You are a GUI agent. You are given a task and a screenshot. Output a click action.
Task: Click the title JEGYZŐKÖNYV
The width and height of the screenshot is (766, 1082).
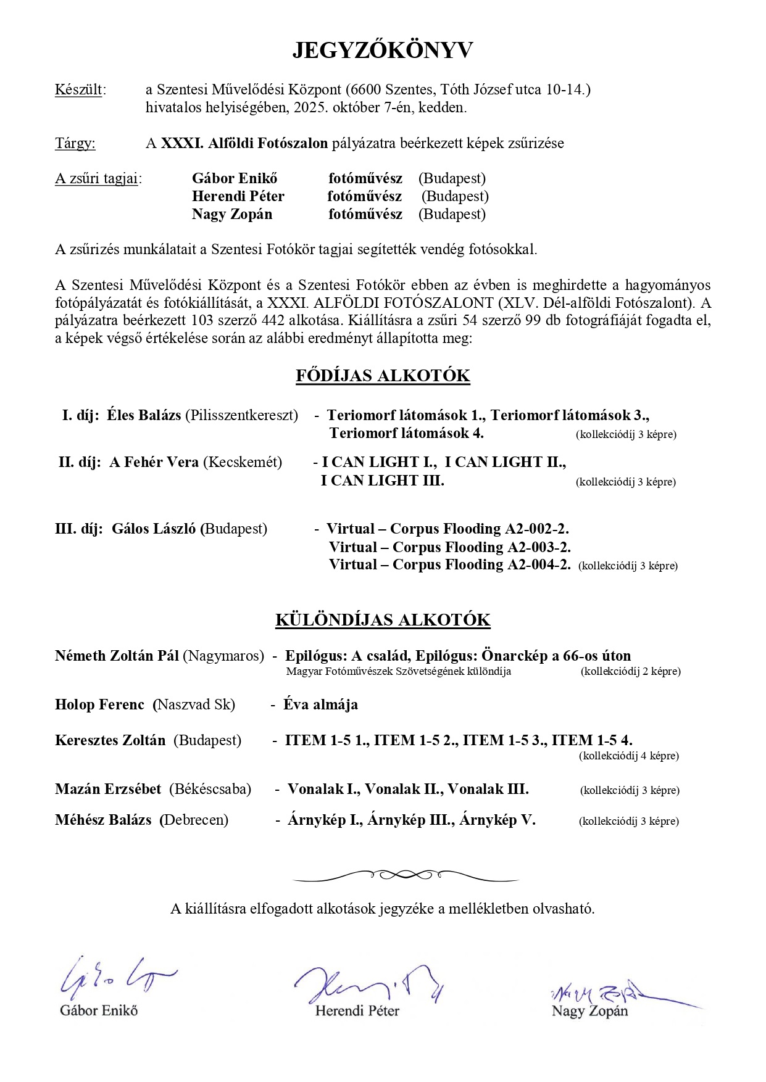coord(383,51)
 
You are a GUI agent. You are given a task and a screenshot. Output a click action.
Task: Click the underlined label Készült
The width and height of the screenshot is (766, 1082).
coord(78,89)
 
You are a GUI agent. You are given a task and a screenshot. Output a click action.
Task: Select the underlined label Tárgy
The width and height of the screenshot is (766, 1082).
coord(75,144)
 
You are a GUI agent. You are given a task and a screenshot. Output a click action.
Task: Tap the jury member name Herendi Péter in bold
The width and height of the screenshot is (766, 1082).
coord(238,197)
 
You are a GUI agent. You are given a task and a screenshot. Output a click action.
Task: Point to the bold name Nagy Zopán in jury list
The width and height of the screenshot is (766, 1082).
coord(231,215)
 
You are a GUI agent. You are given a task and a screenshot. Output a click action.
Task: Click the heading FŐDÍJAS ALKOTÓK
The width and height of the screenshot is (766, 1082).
coord(383,376)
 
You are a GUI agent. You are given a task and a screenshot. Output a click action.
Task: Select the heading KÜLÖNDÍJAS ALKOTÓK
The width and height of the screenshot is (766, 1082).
coord(383,620)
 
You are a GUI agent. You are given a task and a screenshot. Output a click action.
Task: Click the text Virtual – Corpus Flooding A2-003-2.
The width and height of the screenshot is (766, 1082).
coord(449,548)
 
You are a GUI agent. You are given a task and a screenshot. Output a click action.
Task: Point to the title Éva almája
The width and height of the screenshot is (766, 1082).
coord(320,705)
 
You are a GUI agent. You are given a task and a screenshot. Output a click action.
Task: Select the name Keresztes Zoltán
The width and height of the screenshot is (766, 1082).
coord(110,741)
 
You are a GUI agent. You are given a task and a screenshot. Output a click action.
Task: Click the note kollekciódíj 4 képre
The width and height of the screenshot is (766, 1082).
coord(628,756)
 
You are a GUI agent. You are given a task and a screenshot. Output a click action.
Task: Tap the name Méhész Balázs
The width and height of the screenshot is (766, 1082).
coord(103,820)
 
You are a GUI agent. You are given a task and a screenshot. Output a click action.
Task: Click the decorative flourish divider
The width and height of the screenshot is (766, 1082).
coord(406,875)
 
